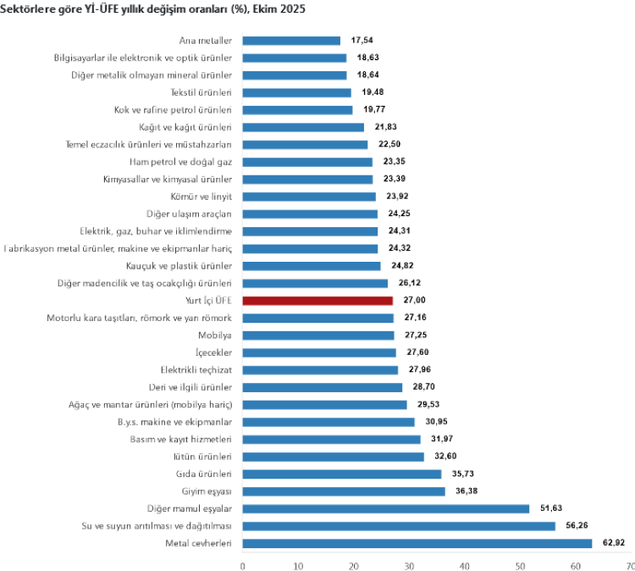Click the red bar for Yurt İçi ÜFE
coord(317,301)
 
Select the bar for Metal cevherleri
coord(417,543)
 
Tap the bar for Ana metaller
coord(291,41)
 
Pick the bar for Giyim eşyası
coord(343,491)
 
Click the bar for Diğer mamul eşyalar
coord(385,508)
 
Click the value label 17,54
coord(364,41)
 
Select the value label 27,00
coord(417,301)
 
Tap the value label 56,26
coord(579,526)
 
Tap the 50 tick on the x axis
coord(520,565)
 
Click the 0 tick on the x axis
coord(243,565)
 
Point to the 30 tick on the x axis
coord(409,565)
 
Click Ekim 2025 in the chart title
coord(284,8)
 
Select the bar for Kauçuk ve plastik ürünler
coord(311,266)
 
